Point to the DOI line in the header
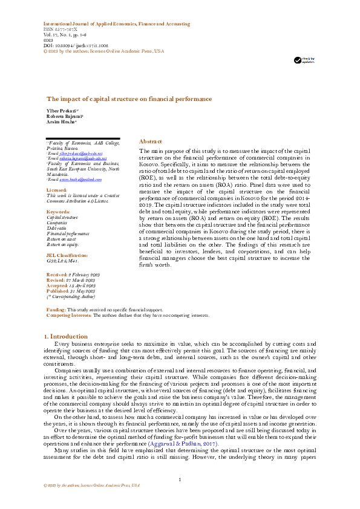pyautogui.click(x=74, y=45)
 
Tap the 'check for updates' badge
pyautogui.click(x=304, y=60)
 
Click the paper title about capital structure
pyautogui.click(x=129, y=98)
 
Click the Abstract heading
pyautogui.click(x=151, y=140)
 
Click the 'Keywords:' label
pyautogui.click(x=58, y=212)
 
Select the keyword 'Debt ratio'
pyautogui.click(x=57, y=228)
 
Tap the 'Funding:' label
pyautogui.click(x=56, y=310)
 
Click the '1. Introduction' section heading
pyautogui.click(x=67, y=336)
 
